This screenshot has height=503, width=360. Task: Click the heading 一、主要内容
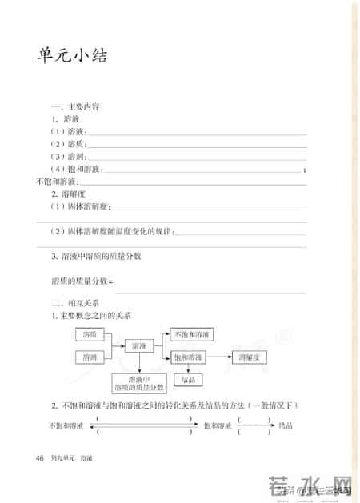[x=75, y=106]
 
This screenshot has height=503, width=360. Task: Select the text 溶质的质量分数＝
[x=83, y=281]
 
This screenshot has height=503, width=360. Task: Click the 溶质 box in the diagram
[x=90, y=333]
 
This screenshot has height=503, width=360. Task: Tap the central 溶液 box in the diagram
[x=139, y=345]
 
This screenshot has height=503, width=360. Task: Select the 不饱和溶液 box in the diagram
[x=191, y=333]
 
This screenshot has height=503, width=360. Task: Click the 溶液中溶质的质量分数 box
[x=139, y=383]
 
